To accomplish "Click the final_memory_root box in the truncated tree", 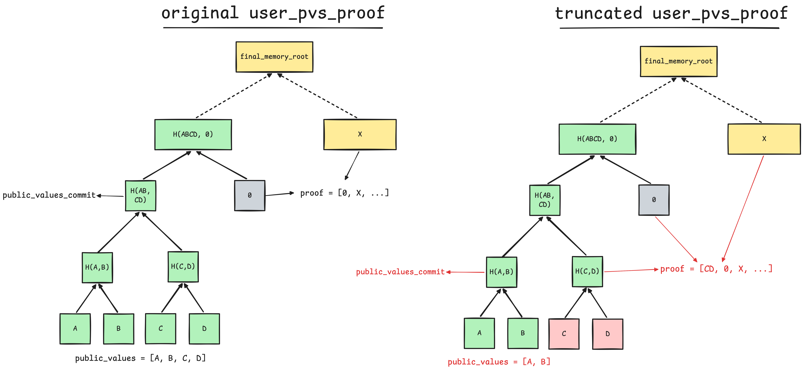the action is coord(679,61).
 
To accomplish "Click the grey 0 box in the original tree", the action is coord(250,196).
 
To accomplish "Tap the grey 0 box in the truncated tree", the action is coord(654,200).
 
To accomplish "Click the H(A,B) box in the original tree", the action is coord(97,267).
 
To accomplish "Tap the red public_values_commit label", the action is coord(400,272).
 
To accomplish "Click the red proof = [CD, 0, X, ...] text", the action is coord(716,269).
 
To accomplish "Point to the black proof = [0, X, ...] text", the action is coord(344,193).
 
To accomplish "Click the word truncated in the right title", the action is coord(599,13).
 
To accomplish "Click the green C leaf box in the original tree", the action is coord(161,328).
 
